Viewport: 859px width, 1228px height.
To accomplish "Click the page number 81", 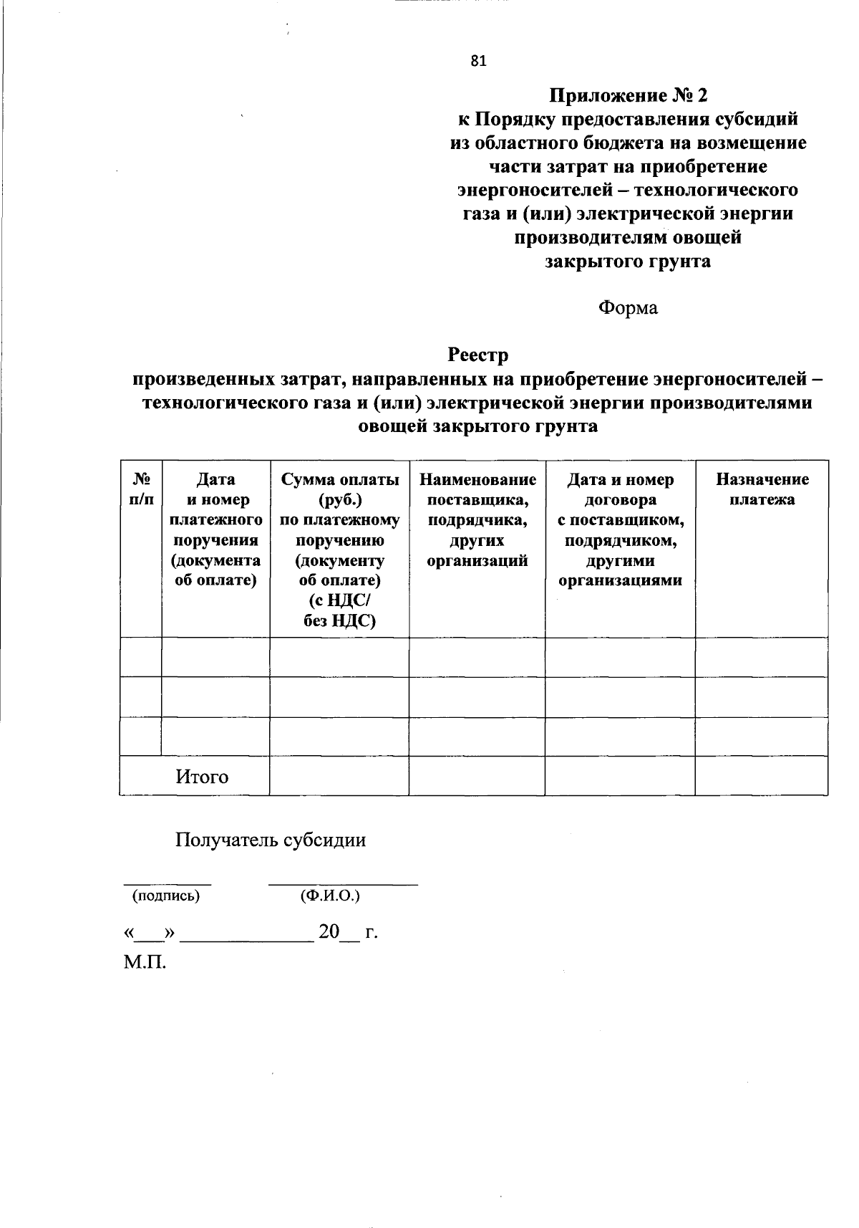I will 478,62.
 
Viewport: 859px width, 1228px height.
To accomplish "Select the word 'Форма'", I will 628,308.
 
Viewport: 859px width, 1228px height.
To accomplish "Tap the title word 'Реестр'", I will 477,355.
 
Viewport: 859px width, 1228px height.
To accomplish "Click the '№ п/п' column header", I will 141,489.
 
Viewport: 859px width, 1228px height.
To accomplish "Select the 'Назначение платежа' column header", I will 762,489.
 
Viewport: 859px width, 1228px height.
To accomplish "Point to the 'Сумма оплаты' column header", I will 340,479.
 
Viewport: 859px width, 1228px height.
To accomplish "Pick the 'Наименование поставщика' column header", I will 477,489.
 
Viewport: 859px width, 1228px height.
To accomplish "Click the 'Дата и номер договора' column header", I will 620,489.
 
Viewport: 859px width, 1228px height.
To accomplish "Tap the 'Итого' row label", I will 202,777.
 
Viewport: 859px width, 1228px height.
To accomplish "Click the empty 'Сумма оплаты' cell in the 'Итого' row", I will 339,776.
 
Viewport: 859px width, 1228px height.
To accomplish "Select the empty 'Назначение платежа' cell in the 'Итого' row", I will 762,776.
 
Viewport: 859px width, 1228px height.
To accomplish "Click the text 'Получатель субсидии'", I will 271,840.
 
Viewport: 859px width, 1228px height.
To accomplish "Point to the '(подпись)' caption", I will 165,896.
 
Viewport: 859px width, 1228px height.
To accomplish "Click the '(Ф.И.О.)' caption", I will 330,896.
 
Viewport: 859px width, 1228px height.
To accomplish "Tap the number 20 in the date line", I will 329,932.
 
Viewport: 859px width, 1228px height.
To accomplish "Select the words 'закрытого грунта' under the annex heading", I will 628,262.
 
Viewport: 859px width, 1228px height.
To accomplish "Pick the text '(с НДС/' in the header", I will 339,600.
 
